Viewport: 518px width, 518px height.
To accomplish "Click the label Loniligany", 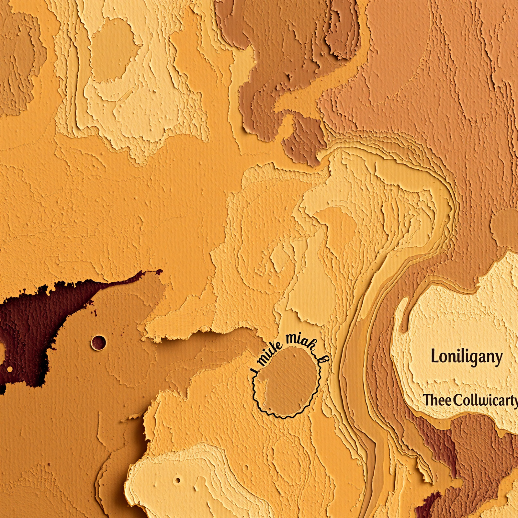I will [467, 357].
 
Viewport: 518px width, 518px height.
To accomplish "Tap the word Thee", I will [437, 400].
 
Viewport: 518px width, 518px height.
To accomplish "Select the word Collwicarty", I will [486, 401].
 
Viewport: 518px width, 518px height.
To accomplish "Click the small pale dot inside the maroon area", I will [10, 369].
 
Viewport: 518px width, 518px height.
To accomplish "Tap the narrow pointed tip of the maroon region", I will [159, 271].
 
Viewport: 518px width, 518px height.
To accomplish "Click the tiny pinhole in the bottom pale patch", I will [178, 480].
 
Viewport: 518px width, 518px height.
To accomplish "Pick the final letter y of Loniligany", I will [498, 359].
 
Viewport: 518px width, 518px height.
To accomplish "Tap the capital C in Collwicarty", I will [457, 400].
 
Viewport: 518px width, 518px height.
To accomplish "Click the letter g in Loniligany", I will [471, 359].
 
